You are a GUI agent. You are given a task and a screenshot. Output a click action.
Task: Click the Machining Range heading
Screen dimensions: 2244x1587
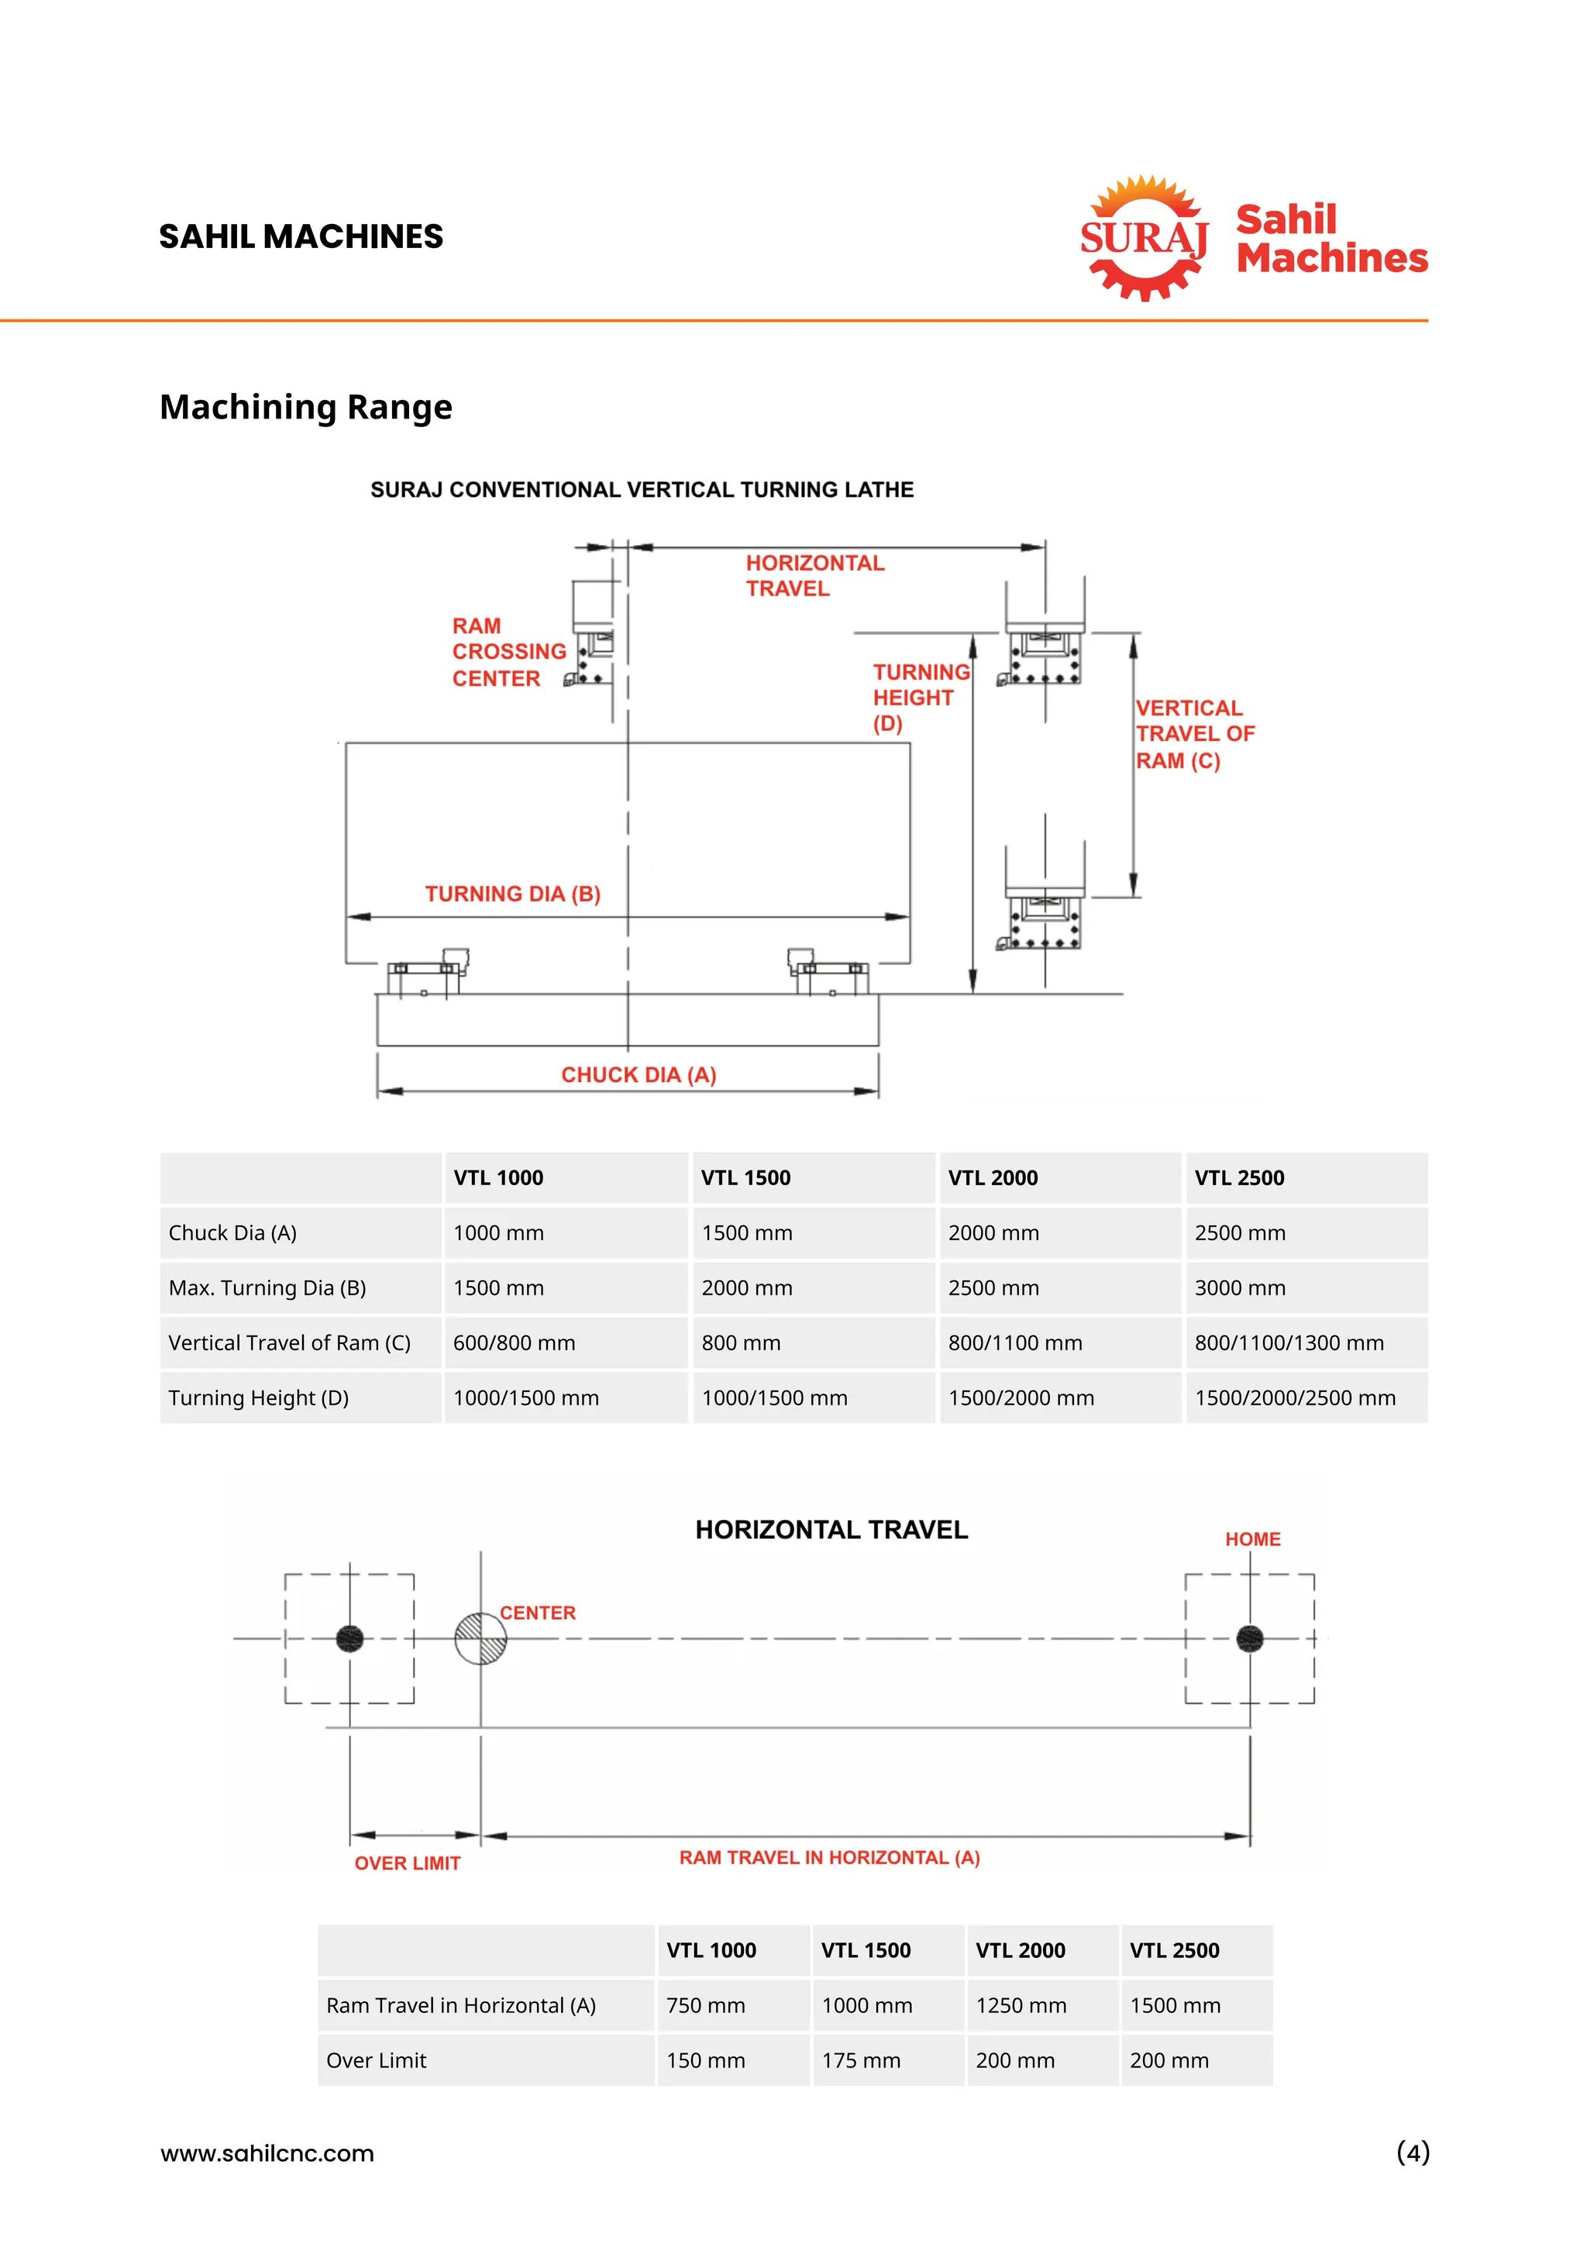(306, 407)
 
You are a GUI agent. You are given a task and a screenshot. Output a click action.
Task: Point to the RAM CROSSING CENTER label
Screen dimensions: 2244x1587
(508, 652)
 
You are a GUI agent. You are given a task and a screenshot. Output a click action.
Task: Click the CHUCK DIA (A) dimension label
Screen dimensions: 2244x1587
(638, 1074)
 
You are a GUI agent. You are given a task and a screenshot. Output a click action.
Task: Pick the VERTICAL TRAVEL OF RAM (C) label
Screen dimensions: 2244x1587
(1193, 734)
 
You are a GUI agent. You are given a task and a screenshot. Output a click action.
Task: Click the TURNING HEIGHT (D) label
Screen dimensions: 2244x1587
(920, 698)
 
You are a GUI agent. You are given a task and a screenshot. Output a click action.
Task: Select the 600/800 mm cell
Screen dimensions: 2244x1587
(514, 1343)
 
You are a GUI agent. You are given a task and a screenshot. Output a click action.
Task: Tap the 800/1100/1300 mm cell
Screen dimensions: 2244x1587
(1288, 1343)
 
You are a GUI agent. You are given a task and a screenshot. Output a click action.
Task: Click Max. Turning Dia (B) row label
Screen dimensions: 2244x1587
(268, 1288)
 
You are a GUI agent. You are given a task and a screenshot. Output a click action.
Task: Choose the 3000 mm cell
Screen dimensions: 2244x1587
(1239, 1288)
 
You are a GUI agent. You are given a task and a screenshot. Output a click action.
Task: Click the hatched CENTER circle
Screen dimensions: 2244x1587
(480, 1638)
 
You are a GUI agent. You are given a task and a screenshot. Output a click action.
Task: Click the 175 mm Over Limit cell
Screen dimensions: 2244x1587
(861, 2060)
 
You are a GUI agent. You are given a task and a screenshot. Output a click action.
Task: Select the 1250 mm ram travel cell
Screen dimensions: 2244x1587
(1021, 2005)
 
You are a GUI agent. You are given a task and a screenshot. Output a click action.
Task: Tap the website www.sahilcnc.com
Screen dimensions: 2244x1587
(267, 2153)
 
